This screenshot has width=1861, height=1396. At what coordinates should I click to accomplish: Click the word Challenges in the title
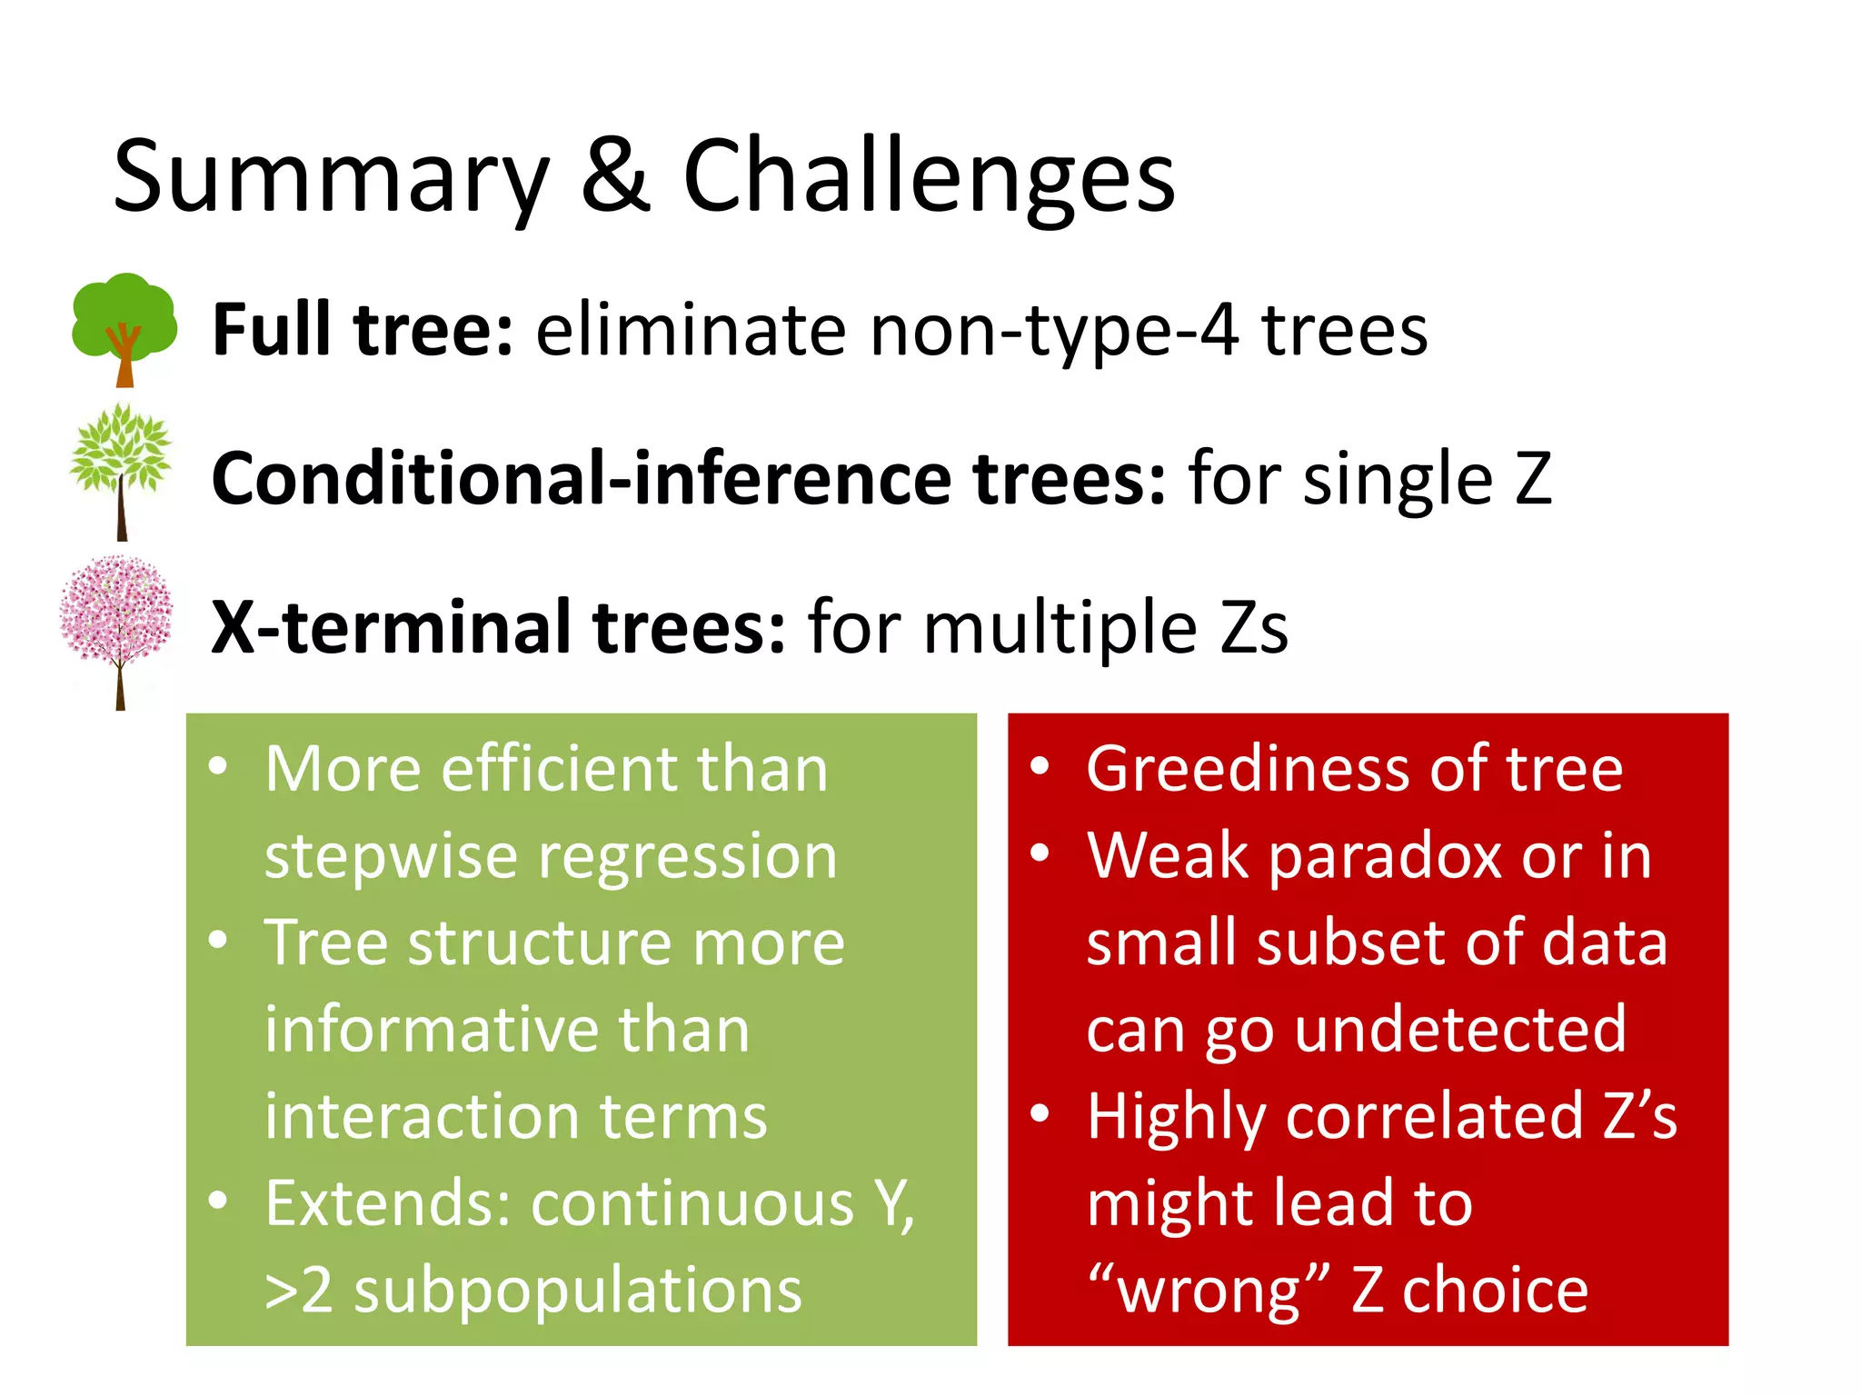929,177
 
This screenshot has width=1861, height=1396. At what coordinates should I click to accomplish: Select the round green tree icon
124,327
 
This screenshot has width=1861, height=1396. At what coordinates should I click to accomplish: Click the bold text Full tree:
363,329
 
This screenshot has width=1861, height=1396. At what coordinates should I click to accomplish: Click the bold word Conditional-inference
582,478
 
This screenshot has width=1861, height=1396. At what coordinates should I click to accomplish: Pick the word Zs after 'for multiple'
1253,627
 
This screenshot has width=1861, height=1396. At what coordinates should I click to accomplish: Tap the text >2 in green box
298,1291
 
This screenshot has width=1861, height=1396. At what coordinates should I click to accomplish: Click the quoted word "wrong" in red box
1209,1291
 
